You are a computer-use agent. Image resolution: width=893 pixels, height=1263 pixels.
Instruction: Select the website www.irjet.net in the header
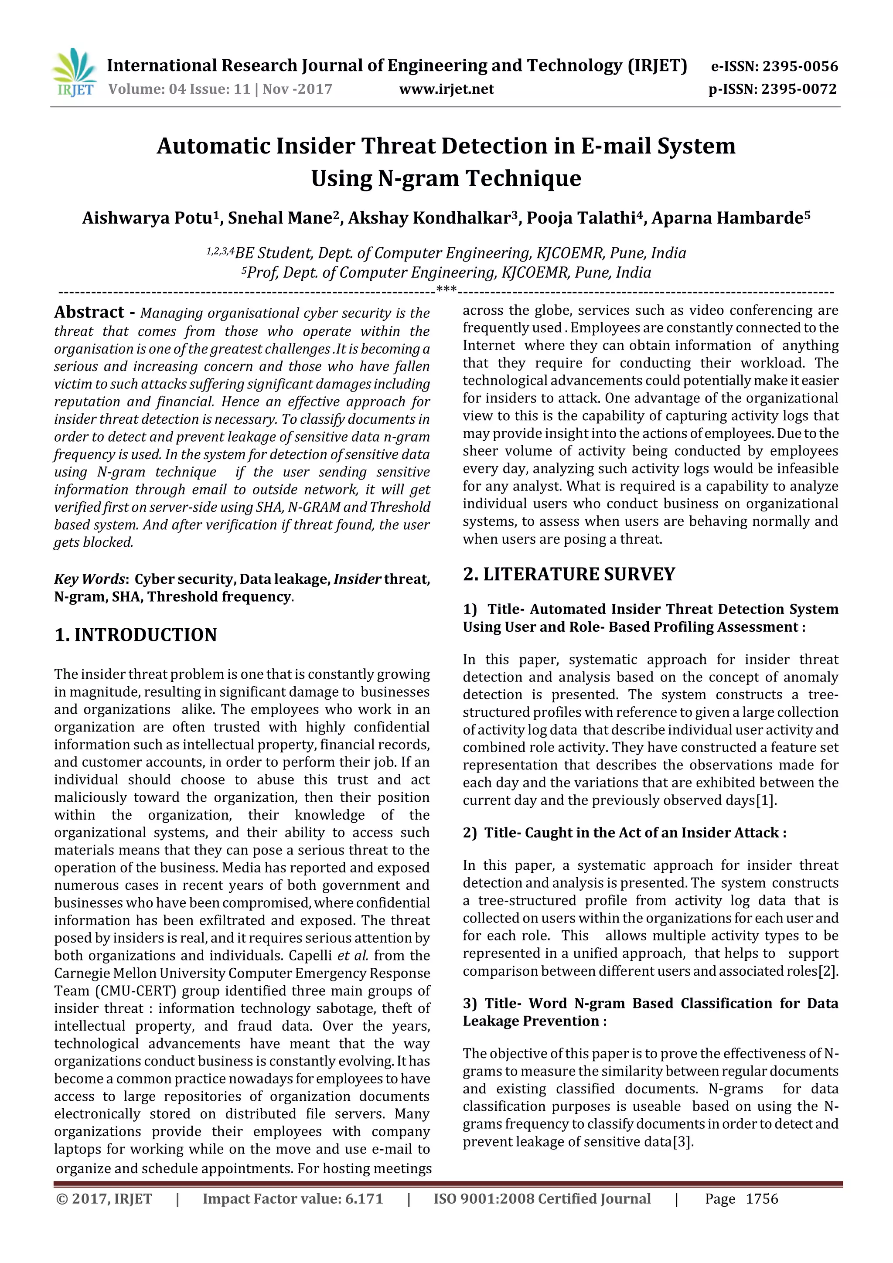click(446, 89)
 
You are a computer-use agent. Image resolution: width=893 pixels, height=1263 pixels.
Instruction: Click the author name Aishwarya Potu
click(147, 218)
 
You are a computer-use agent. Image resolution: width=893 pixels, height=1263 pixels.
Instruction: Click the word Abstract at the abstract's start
click(89, 313)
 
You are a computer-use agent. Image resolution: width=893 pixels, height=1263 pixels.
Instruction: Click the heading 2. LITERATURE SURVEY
click(569, 574)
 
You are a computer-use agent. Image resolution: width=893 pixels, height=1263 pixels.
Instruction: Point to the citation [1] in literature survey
click(767, 800)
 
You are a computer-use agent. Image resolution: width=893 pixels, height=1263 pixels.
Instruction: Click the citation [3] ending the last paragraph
click(683, 1142)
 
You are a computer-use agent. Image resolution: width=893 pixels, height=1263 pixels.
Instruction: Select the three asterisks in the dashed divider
click(446, 290)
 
